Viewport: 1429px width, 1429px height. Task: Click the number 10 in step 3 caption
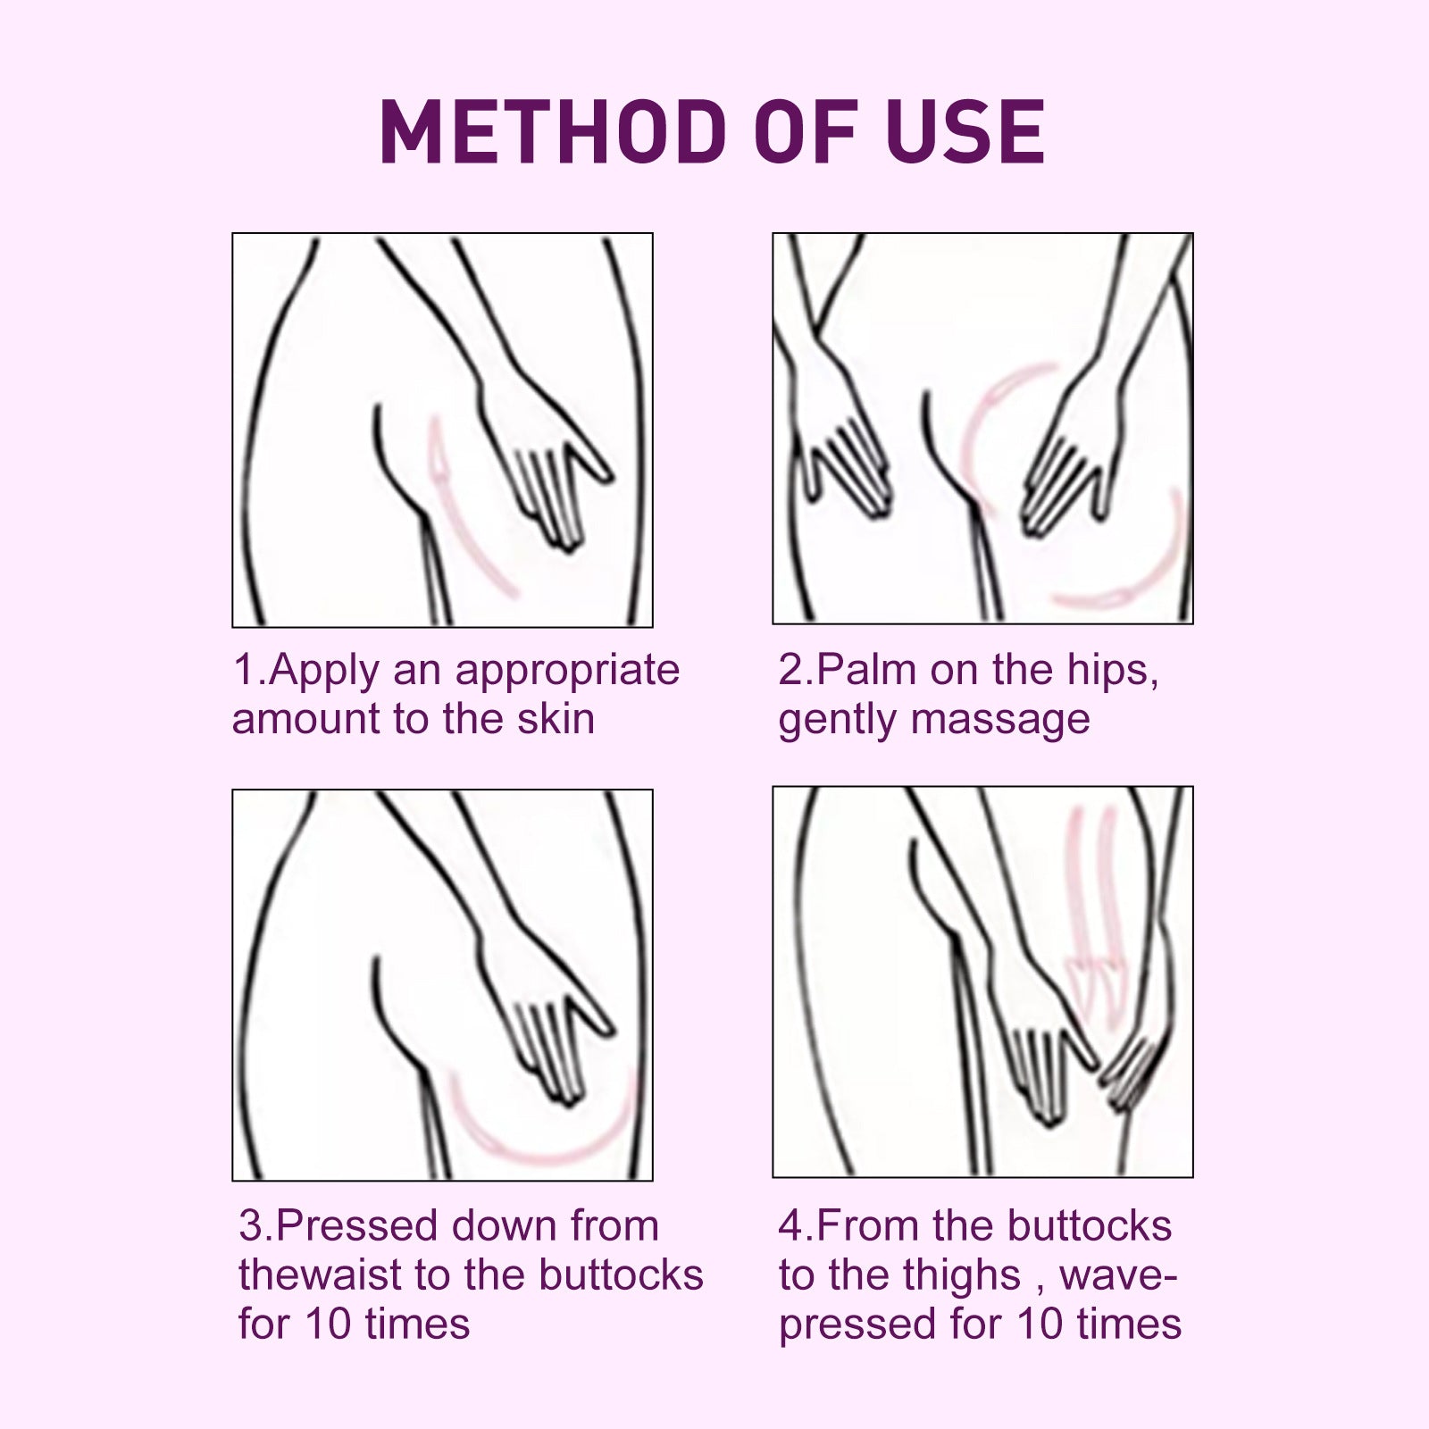coord(330,1325)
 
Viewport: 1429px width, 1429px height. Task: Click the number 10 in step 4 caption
coord(1042,1325)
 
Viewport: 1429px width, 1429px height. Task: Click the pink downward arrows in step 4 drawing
coord(1094,911)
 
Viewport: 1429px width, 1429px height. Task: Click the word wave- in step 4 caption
coord(1117,1275)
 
